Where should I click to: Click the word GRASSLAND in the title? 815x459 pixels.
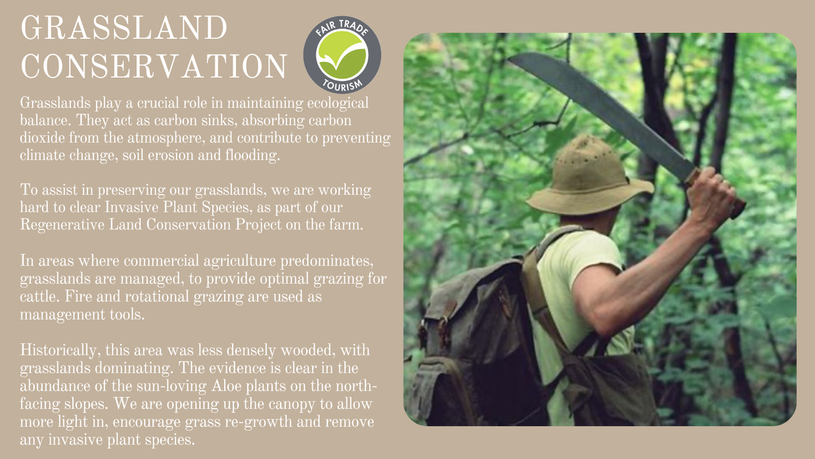coord(124,28)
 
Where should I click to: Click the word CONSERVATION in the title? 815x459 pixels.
coord(154,66)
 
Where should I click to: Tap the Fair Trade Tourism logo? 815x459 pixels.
coord(342,55)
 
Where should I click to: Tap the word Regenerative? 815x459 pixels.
coord(62,225)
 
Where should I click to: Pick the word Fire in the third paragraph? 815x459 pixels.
coord(76,297)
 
